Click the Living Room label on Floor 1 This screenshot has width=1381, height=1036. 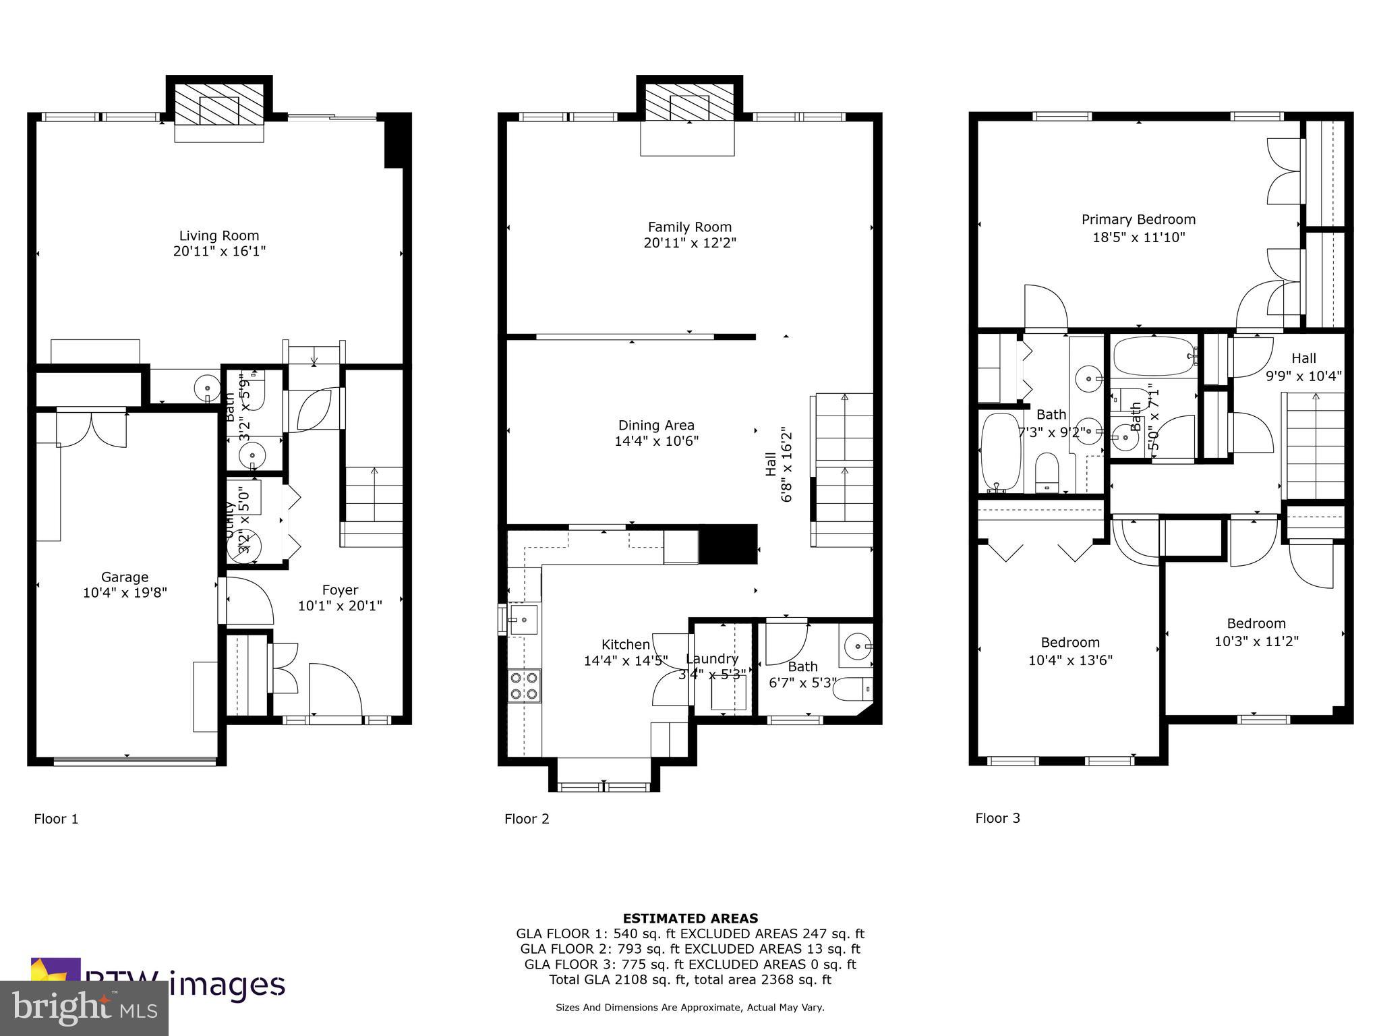218,235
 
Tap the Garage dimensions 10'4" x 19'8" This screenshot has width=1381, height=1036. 125,593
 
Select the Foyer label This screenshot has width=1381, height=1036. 340,590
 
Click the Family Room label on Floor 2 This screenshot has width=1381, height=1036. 689,227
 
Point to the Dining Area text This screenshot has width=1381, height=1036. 655,426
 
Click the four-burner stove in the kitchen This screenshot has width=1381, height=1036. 524,685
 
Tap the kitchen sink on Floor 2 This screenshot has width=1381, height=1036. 523,619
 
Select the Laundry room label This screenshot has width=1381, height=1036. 712,659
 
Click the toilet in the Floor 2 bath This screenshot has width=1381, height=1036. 853,689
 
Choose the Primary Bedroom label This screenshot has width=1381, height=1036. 1138,219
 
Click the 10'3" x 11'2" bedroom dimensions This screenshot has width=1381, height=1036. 1256,641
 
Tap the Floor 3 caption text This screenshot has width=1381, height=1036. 997,818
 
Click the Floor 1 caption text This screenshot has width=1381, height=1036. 56,819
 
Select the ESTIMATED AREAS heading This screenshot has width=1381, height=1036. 690,918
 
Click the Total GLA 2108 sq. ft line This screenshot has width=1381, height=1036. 690,979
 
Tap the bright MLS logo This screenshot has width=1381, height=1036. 84,1008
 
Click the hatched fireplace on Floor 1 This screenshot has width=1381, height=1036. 219,104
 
